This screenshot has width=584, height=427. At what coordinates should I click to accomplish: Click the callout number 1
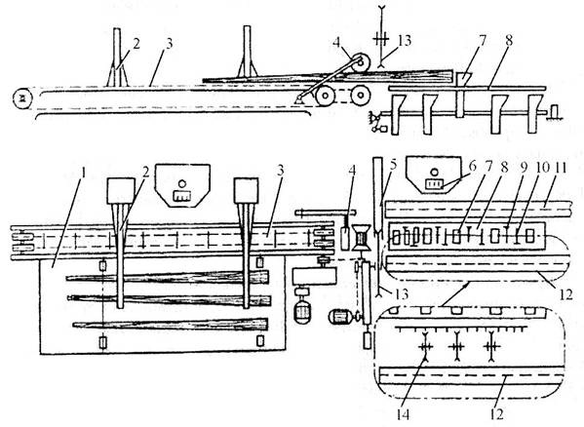pyautogui.click(x=84, y=174)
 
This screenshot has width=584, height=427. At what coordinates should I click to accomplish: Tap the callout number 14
pyautogui.click(x=403, y=414)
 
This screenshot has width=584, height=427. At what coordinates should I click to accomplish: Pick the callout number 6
pyautogui.click(x=473, y=167)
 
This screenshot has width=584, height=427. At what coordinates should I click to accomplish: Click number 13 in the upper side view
pyautogui.click(x=404, y=41)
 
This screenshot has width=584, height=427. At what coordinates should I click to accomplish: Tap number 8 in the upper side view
pyautogui.click(x=509, y=40)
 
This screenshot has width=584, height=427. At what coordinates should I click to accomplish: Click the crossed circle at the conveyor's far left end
pyautogui.click(x=22, y=97)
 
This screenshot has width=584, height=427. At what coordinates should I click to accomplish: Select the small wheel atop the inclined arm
pyautogui.click(x=360, y=63)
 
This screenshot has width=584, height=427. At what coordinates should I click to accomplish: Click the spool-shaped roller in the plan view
pyautogui.click(x=362, y=237)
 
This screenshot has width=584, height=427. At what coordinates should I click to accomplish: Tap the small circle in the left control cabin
pyautogui.click(x=181, y=183)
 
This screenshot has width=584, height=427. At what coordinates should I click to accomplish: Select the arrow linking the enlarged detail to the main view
pyautogui.click(x=454, y=294)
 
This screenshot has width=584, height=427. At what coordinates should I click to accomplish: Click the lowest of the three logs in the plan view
pyautogui.click(x=171, y=325)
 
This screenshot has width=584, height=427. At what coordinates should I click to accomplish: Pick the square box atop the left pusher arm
pyautogui.click(x=121, y=191)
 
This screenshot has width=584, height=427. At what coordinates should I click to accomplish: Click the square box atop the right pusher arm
pyautogui.click(x=247, y=191)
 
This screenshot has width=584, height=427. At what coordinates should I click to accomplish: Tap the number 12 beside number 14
pyautogui.click(x=497, y=414)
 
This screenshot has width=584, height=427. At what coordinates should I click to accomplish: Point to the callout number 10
pyautogui.click(x=542, y=168)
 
